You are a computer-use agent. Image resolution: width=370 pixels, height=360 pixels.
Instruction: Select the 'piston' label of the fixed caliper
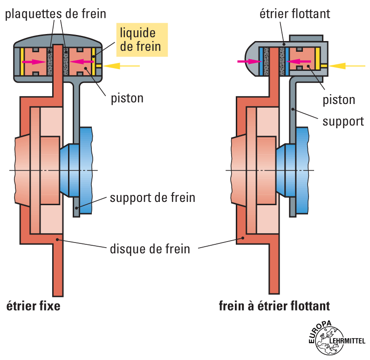click(127, 98)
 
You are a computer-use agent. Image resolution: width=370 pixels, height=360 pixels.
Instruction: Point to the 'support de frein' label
click(152, 197)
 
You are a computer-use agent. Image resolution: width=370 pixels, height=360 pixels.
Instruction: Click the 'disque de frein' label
click(150, 248)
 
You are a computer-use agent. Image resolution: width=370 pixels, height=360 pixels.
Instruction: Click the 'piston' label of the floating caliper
click(339, 99)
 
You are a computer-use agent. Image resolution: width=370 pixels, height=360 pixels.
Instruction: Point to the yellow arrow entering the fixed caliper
click(126, 66)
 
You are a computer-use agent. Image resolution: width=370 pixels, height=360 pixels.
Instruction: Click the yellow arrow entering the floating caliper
click(348, 66)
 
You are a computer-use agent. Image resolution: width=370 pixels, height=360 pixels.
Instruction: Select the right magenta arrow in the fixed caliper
click(80, 61)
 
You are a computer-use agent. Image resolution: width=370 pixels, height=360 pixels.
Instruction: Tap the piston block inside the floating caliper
click(303, 61)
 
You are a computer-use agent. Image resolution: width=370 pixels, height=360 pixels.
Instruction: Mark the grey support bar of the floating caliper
click(293, 154)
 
